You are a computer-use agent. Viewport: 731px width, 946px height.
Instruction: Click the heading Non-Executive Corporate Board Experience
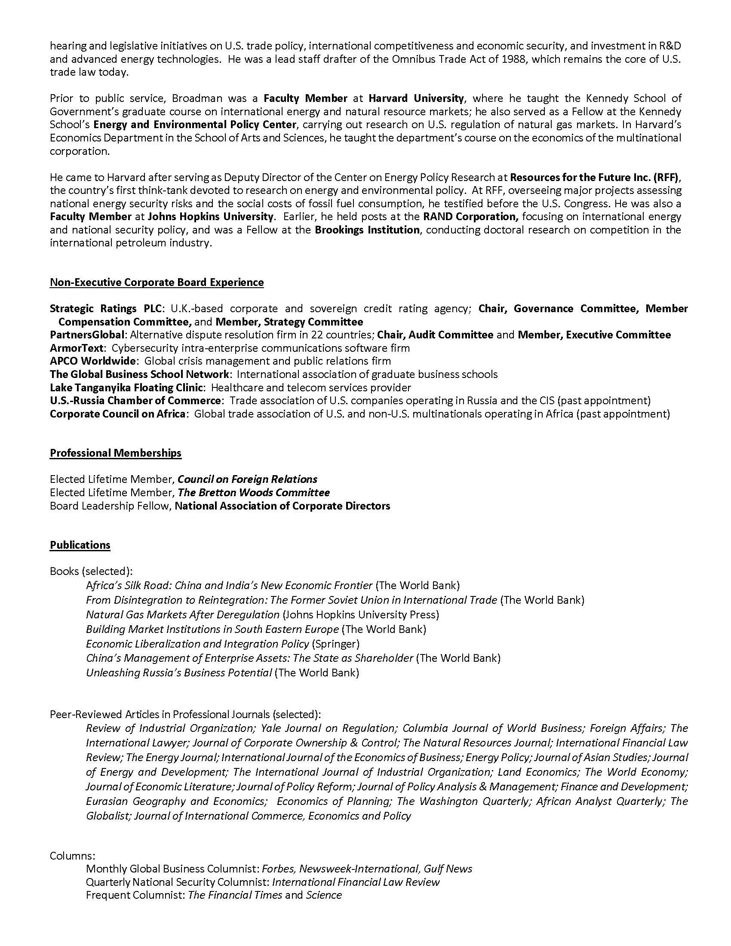157,283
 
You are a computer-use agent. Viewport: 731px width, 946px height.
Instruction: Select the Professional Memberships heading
116,453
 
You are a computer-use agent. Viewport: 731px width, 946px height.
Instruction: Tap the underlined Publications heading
80,545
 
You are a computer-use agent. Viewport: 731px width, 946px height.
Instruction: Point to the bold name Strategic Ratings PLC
106,308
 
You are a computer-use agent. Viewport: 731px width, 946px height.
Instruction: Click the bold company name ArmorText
77,348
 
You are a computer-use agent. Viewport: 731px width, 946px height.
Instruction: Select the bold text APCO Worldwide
94,361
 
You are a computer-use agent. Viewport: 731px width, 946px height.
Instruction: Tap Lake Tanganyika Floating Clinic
126,387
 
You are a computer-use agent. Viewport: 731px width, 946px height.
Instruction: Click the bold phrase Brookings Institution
367,230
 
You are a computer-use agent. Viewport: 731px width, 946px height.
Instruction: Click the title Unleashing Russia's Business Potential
179,673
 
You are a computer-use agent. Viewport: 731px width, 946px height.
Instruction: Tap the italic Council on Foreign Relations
247,479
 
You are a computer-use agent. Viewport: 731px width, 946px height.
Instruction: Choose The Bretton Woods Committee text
254,492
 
